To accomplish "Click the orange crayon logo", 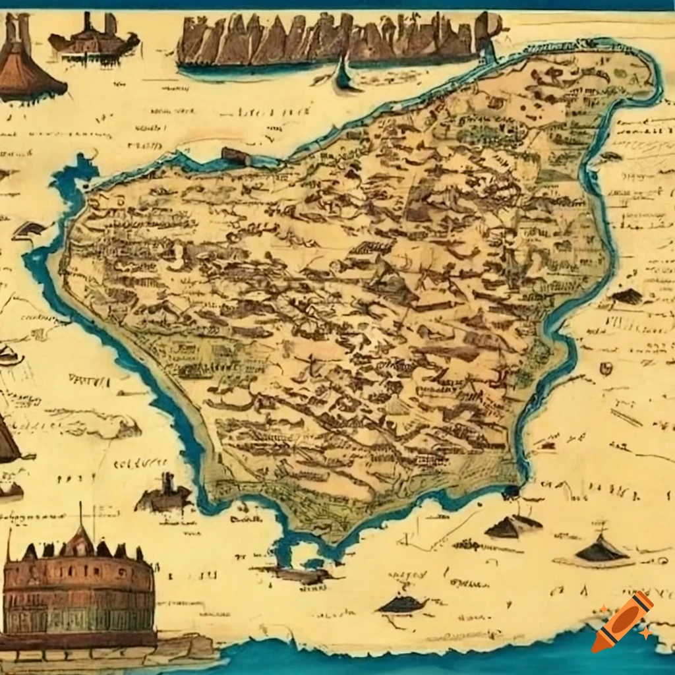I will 622,622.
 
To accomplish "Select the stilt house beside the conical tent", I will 92,40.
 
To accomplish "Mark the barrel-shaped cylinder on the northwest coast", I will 236,156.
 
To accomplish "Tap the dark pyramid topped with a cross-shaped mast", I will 600,547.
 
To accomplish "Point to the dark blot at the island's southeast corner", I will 510,492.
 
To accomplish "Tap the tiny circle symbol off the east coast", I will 604,368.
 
